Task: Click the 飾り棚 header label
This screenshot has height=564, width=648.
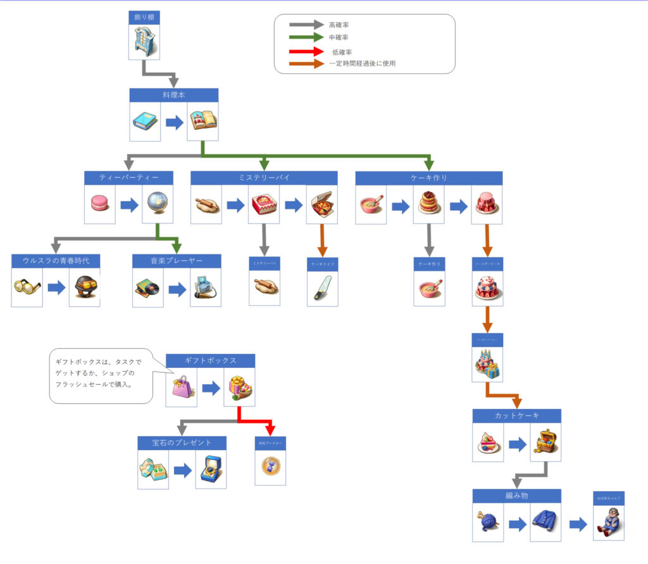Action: tap(144, 17)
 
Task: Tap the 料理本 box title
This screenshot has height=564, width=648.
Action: tap(174, 95)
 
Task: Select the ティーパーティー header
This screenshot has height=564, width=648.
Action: tap(128, 178)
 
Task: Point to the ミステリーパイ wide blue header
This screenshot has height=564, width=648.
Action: tap(264, 178)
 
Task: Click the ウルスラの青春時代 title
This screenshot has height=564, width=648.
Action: tap(56, 261)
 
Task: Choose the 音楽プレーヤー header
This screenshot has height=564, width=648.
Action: tap(177, 261)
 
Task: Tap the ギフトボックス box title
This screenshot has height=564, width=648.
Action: tap(210, 361)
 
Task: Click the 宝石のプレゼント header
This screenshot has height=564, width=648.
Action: tap(182, 442)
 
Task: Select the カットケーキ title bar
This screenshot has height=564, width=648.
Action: tap(516, 416)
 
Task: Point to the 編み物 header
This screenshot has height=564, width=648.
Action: tap(516, 496)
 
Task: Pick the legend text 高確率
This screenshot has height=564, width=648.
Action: tap(339, 25)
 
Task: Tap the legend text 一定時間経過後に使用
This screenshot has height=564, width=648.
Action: tap(363, 63)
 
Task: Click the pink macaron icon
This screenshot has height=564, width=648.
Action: tap(100, 204)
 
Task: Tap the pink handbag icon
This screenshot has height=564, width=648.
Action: tap(182, 387)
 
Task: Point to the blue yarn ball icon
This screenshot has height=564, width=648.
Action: tap(487, 522)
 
